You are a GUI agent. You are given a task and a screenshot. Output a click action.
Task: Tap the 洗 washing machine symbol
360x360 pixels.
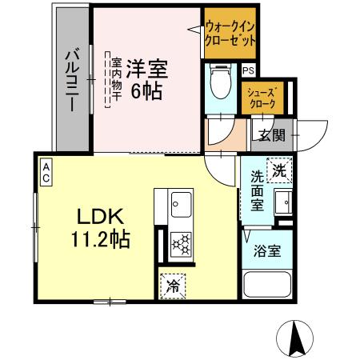coord(279,170)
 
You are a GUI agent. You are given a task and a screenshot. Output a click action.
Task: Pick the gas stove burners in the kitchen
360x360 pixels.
coord(181,242)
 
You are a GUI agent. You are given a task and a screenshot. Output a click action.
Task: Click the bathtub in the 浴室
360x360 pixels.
coord(266,286)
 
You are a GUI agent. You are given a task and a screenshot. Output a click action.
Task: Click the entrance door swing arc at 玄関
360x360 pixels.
coord(313,131)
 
